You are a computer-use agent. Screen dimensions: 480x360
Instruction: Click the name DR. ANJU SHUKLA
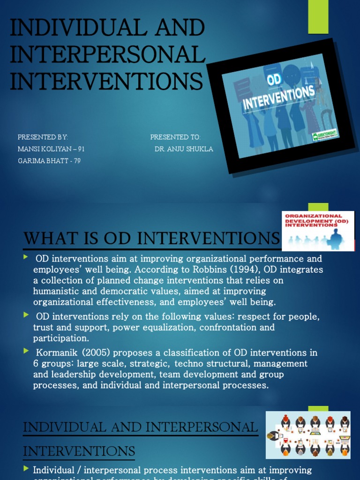[x=184, y=149]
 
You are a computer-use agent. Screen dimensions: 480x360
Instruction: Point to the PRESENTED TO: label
[x=175, y=137]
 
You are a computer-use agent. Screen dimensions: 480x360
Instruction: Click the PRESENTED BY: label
[x=43, y=137]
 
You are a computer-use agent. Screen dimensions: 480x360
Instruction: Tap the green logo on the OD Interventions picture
[x=325, y=136]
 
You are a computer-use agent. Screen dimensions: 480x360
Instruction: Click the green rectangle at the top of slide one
[x=318, y=17]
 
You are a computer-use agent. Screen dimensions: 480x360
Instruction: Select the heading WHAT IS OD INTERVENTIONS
[x=151, y=239]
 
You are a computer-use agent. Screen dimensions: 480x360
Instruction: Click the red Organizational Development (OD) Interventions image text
[x=317, y=220]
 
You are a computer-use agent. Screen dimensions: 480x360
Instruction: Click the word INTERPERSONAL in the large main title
[x=108, y=55]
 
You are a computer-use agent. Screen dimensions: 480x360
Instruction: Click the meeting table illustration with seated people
[x=307, y=435]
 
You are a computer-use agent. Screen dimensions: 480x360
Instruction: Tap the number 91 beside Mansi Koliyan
[x=82, y=149]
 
